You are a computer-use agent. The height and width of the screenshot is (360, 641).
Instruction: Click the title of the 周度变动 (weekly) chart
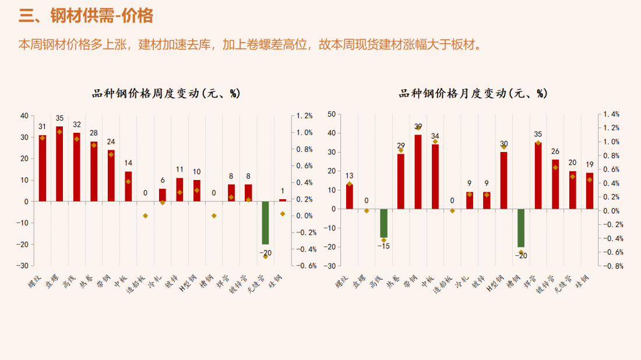[166, 93]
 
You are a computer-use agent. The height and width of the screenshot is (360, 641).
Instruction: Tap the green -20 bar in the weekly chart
[265, 223]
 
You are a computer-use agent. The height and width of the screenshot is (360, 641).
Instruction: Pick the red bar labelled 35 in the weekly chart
[59, 163]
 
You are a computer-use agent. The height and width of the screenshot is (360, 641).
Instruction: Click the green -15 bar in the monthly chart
[383, 223]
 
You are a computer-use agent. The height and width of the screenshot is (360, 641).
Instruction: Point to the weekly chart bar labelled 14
[128, 186]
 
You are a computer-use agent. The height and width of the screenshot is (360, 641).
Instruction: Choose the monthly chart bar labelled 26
[555, 183]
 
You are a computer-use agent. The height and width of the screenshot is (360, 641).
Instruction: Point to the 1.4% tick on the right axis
[611, 114]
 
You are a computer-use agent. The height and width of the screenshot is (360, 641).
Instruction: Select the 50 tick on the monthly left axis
[332, 114]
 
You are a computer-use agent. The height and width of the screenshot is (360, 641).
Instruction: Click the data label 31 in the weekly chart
[43, 126]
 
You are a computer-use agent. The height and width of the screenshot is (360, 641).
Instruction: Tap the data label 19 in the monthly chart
[590, 164]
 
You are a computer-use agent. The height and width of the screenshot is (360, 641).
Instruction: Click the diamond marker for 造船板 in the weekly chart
[145, 216]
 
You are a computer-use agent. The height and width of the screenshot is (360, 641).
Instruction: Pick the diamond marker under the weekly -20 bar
[265, 256]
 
